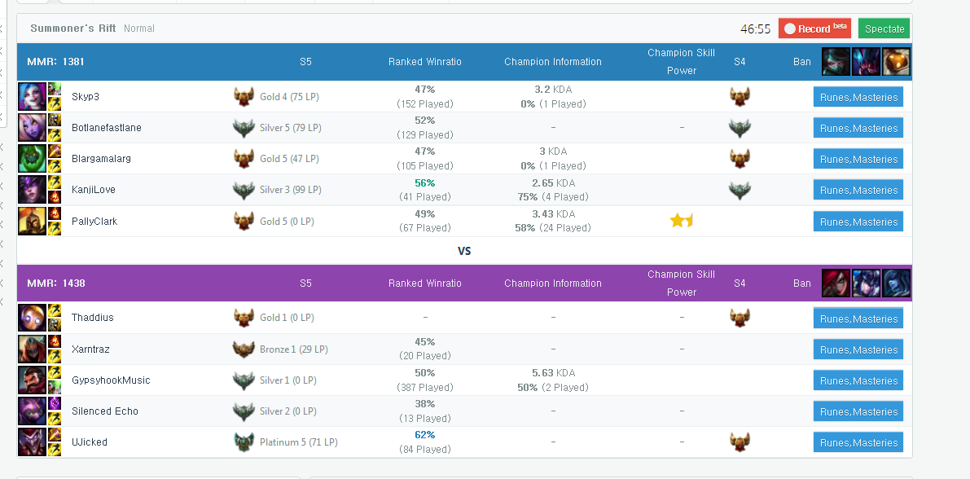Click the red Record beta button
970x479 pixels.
(814, 29)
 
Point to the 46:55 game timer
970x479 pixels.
(755, 29)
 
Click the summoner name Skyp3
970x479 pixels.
(86, 97)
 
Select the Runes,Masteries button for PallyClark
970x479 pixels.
(858, 222)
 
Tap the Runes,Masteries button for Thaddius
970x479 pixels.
(858, 319)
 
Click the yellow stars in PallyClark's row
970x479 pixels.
(681, 220)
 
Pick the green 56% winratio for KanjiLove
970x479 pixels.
(425, 182)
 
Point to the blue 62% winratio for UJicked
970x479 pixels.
(425, 434)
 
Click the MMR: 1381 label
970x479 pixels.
(55, 61)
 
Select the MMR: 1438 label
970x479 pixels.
(55, 283)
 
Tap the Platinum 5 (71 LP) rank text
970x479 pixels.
(298, 442)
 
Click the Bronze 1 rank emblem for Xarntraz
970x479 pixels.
(244, 349)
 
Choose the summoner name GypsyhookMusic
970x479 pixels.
(111, 380)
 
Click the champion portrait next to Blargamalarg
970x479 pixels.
(32, 158)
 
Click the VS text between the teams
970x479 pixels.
(464, 251)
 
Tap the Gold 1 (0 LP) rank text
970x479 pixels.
(287, 318)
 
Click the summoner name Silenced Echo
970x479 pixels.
(104, 411)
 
